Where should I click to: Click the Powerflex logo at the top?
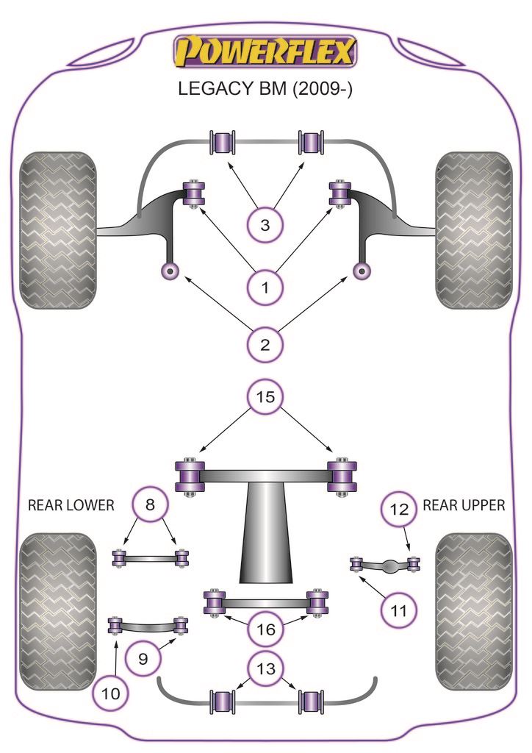(265, 52)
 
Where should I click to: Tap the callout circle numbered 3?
(265, 226)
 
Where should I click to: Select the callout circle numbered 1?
(265, 288)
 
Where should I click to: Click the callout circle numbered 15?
(265, 398)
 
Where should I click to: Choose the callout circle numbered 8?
(150, 505)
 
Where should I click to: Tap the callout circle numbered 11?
(398, 610)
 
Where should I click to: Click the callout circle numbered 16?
(265, 629)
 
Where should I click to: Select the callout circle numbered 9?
(144, 659)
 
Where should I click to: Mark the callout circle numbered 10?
(111, 691)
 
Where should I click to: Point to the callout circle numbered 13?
(265, 668)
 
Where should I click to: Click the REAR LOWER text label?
(71, 505)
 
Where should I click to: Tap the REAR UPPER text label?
(464, 505)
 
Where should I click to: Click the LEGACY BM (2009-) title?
(265, 90)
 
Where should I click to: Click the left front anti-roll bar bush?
(222, 142)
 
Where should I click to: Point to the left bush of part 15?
(190, 475)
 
